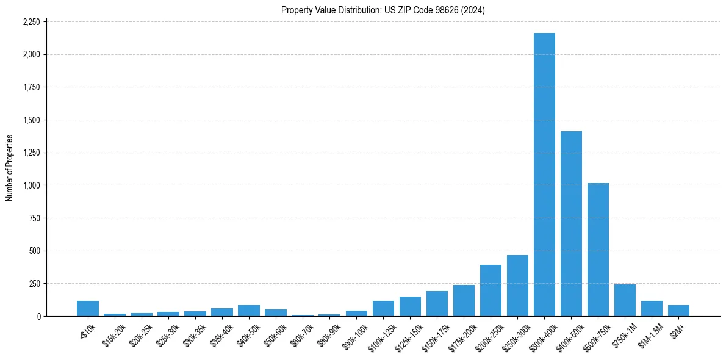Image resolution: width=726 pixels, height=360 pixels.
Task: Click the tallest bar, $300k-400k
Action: point(544,175)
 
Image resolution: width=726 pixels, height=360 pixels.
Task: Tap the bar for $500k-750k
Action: point(598,250)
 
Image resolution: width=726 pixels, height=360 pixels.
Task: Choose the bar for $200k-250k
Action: point(491,290)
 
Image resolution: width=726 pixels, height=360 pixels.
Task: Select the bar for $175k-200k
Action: point(464,301)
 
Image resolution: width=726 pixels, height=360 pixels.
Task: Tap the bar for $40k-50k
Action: point(249,311)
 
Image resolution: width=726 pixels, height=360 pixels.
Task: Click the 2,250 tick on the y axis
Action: point(31,22)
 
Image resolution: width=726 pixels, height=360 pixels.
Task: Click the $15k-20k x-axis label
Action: point(113,335)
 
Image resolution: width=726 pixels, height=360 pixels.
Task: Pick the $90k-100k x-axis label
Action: point(354,335)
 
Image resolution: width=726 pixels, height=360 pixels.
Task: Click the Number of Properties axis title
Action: point(9,168)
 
